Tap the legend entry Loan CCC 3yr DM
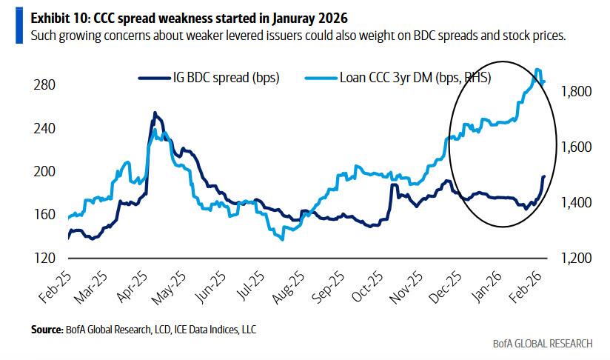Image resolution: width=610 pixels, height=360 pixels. (x=400, y=76)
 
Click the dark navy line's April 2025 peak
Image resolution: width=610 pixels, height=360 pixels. (x=154, y=113)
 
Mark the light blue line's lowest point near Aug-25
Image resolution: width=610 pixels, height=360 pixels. (x=281, y=239)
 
